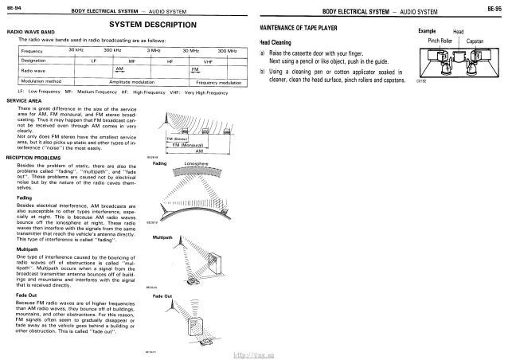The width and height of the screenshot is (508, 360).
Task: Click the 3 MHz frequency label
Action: coord(147,50)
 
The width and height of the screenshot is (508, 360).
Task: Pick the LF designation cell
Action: coord(94,60)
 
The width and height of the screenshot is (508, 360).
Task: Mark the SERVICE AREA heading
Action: coord(23,100)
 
